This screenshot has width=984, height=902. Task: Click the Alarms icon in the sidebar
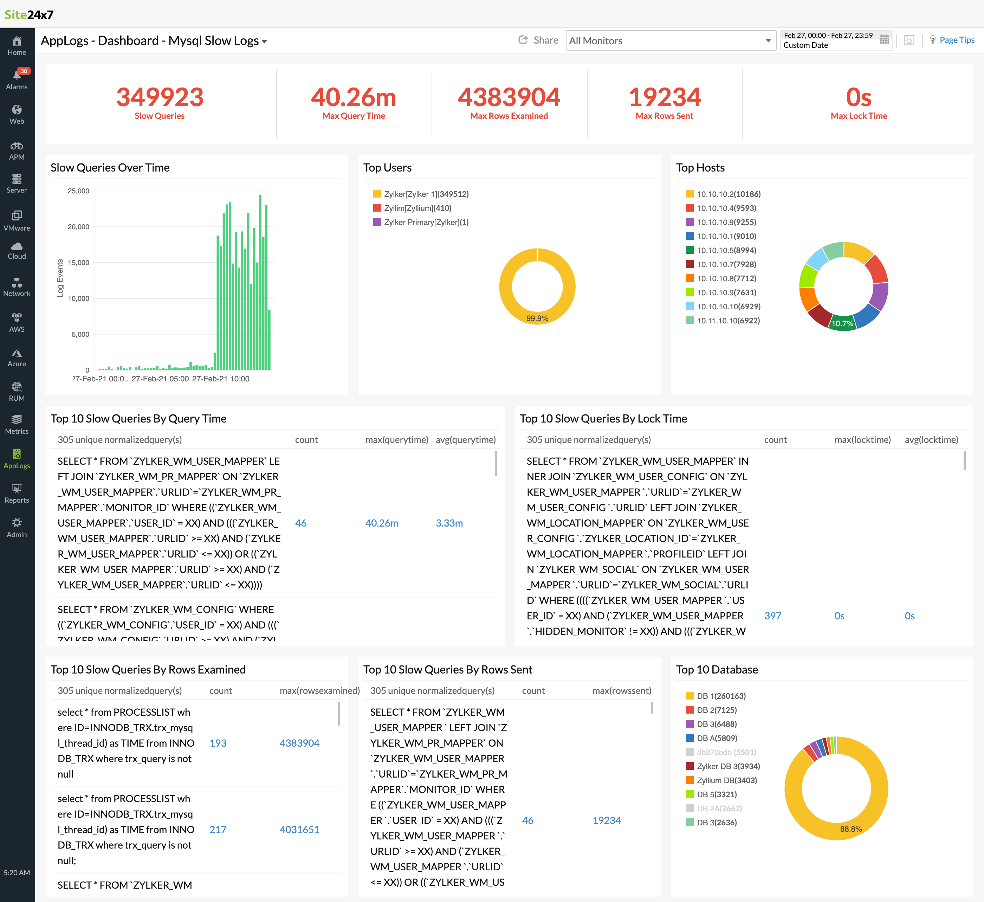17,76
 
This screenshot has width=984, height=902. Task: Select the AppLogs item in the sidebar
17,459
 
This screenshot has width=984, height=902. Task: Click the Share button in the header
538,40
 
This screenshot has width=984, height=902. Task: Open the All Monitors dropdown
670,40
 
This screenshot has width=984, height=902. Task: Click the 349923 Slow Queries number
160,97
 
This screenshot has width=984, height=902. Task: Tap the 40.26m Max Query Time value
354,97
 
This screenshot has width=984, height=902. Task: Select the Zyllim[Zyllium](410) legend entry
417,208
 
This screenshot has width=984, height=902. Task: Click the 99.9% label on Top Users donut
537,318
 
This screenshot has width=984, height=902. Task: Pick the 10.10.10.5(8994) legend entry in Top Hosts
726,250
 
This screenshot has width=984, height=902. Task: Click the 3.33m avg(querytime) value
449,523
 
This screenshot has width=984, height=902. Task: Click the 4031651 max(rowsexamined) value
299,829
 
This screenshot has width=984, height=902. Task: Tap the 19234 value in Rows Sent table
606,820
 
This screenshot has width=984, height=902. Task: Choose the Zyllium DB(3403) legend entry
726,780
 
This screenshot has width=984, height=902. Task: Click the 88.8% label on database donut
851,829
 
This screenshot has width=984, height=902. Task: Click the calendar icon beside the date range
884,40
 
